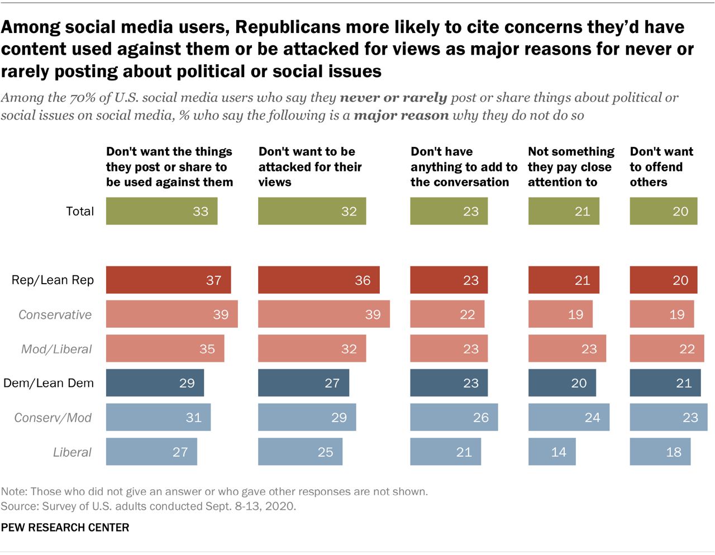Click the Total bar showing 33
(161, 211)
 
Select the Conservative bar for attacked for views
(323, 314)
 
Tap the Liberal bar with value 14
(551, 452)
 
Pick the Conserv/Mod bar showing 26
(454, 418)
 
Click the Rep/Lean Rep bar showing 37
(168, 280)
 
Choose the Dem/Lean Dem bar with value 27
(303, 383)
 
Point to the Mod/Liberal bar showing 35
(165, 349)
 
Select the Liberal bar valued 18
(660, 452)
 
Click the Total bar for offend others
(663, 211)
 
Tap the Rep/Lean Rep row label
(53, 280)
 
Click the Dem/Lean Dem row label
(49, 383)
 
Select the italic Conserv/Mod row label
(53, 418)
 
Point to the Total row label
(80, 211)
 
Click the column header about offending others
(661, 166)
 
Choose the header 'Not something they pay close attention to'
(570, 166)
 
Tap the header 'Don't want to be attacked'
(310, 166)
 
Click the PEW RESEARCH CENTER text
(65, 528)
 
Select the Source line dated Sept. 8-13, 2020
(148, 506)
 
